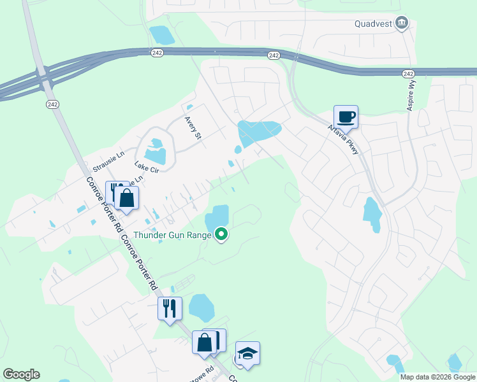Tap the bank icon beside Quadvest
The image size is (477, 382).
click(x=402, y=24)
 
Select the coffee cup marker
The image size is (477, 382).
click(x=346, y=117)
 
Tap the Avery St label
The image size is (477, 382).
click(x=193, y=127)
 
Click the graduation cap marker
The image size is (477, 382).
click(x=247, y=353)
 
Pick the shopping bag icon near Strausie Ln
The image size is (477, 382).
click(x=127, y=198)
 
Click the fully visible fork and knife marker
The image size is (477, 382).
click(x=170, y=309)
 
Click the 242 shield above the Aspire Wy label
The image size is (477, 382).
click(x=408, y=74)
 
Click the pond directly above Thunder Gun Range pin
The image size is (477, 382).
click(x=217, y=218)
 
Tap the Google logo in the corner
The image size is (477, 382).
click(x=21, y=374)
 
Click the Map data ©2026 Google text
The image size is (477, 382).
click(x=437, y=377)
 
